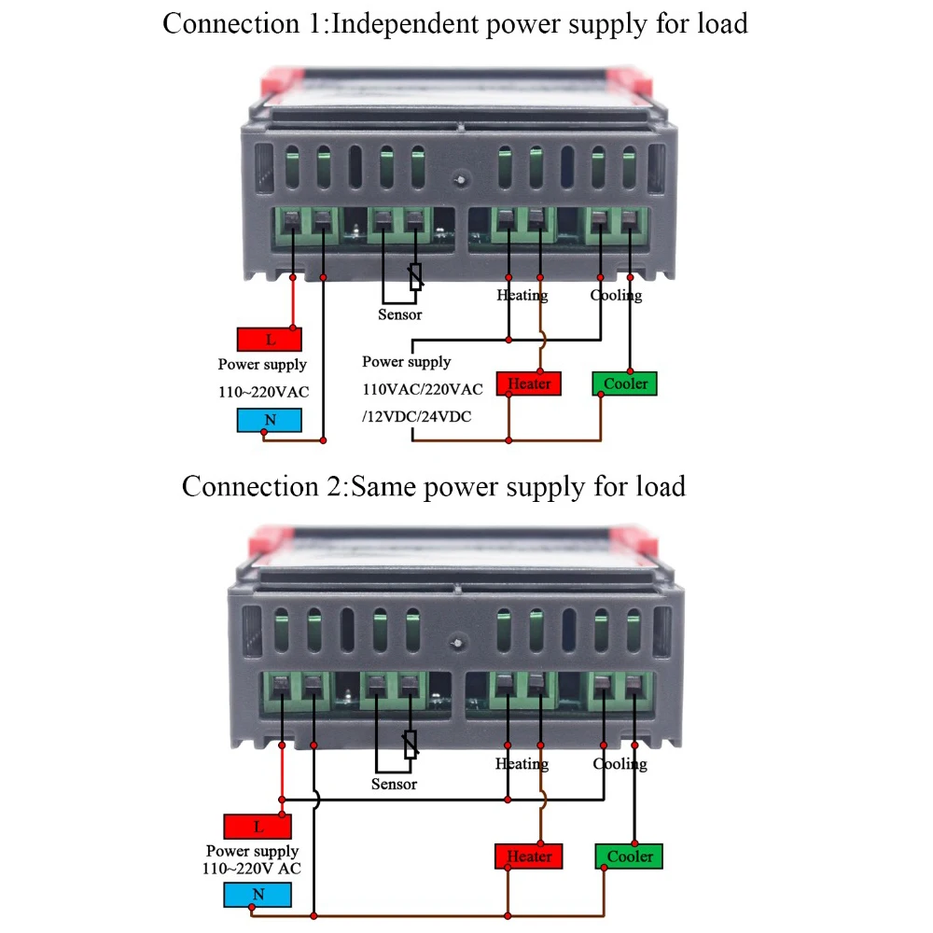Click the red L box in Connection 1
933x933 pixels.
[270, 340]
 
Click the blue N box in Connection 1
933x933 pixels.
[270, 420]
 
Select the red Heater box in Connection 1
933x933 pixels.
[530, 383]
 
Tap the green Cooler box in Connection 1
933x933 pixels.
[625, 383]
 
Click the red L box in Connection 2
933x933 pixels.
[258, 827]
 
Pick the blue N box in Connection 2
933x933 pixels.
[258, 895]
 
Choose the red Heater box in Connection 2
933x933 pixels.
[529, 856]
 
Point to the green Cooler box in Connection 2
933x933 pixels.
[630, 856]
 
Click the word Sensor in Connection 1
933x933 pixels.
[399, 314]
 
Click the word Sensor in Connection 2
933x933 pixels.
[394, 784]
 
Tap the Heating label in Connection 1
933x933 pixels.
[522, 295]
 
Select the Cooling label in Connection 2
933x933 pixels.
[620, 764]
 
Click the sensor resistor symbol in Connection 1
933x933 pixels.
[416, 276]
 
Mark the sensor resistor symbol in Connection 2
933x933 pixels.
[410, 744]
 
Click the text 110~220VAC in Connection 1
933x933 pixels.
[263, 392]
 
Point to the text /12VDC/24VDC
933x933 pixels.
[416, 417]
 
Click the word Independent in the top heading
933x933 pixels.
[407, 22]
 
